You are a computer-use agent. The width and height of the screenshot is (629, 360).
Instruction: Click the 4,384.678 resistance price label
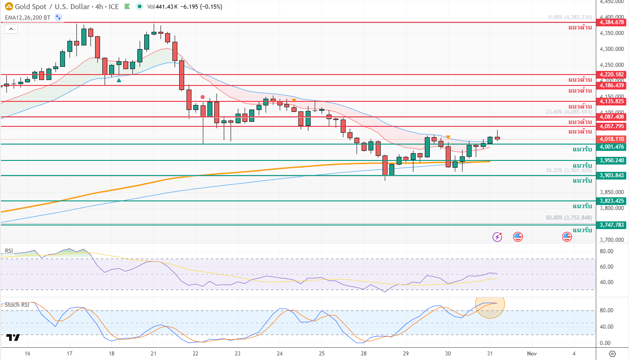[612, 22]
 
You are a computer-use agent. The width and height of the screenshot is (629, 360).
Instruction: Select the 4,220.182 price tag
[612, 74]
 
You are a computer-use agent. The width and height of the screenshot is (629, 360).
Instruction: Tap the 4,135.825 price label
[612, 101]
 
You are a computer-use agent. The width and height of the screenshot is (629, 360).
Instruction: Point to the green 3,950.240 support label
[612, 160]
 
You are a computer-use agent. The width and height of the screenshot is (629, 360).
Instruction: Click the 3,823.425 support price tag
[612, 200]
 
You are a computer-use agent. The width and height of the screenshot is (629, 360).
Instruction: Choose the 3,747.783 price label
[612, 225]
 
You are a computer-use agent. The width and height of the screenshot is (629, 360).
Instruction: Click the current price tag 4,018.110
[612, 139]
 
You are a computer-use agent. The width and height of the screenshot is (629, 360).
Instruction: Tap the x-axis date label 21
[153, 353]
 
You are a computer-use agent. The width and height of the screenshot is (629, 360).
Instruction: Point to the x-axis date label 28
[364, 353]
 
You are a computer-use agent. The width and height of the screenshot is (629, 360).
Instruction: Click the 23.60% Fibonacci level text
[569, 111]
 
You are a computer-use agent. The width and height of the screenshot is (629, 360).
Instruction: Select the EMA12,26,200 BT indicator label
[27, 18]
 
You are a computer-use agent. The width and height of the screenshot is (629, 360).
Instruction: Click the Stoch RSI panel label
[17, 305]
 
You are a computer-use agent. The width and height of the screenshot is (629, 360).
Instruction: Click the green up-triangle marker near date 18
[119, 80]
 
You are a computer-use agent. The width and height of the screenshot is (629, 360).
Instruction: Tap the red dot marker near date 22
[202, 97]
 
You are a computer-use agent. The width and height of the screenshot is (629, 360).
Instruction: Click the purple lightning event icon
[498, 236]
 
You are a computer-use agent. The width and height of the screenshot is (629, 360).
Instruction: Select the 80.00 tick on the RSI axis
[607, 251]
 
